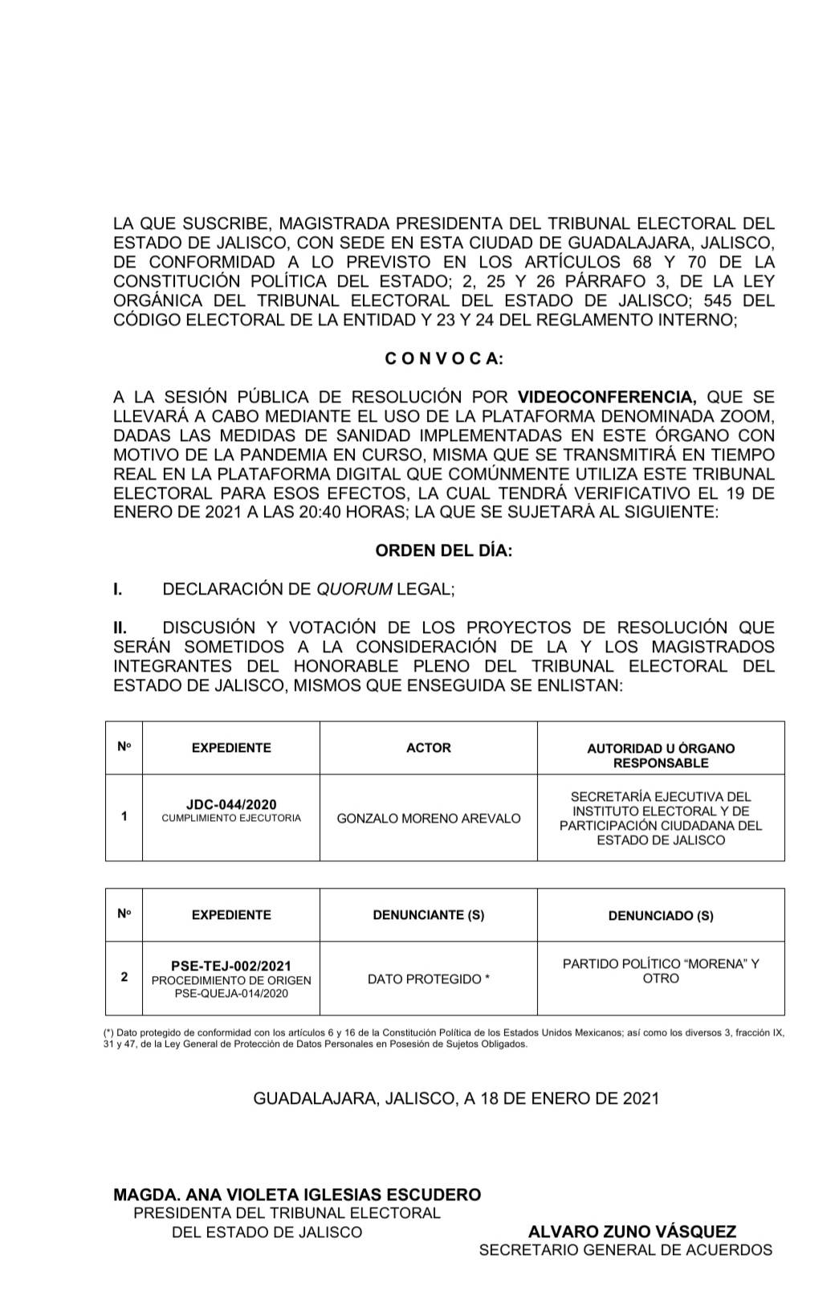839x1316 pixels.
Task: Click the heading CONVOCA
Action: click(444, 359)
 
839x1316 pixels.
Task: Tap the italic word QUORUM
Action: click(355, 589)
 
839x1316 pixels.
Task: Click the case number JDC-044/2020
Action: click(231, 805)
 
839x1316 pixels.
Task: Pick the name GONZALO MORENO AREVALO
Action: click(428, 818)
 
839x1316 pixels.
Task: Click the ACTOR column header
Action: click(428, 748)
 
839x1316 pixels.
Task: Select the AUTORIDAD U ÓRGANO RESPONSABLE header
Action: click(660, 755)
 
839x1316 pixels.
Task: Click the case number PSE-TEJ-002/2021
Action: click(231, 966)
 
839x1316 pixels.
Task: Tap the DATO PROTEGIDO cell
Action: click(428, 979)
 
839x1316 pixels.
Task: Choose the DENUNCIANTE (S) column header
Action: click(428, 915)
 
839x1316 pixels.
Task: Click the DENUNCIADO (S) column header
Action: click(660, 915)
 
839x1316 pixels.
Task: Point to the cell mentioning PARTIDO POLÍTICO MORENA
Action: click(660, 971)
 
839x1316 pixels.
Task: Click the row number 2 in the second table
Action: click(124, 978)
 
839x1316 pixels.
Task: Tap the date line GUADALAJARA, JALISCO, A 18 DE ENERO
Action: click(456, 1098)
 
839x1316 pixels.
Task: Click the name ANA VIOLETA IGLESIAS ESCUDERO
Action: click(321, 1195)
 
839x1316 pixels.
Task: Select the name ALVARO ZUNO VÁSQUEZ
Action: click(632, 1232)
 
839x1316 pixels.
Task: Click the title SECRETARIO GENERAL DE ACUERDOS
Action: click(625, 1250)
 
